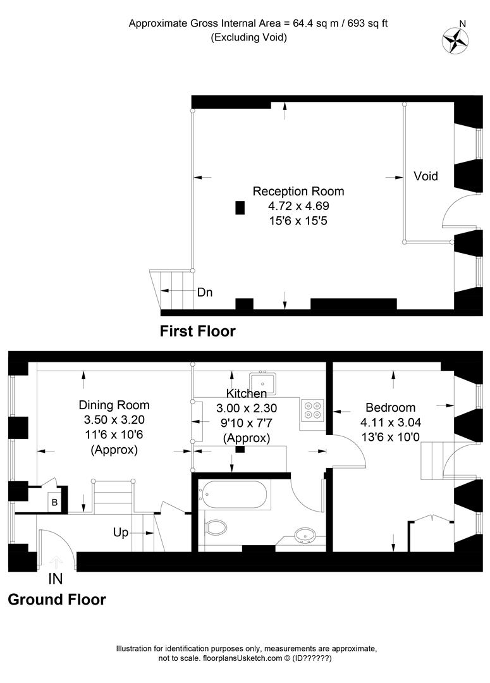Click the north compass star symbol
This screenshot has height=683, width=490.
point(455,41)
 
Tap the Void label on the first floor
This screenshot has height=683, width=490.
point(426,176)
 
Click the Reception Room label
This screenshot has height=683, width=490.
point(298,191)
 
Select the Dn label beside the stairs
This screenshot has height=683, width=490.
point(205,292)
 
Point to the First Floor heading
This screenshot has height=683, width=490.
point(197,331)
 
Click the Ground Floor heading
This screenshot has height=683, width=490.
point(57,600)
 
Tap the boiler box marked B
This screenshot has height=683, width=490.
point(55,502)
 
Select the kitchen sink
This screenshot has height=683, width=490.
point(262,383)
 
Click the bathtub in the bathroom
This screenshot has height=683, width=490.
point(235,494)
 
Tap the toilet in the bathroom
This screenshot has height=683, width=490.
point(216,527)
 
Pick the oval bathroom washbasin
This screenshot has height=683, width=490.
point(305,535)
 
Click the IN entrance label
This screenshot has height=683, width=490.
point(55,579)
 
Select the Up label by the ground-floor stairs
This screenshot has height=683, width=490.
point(121,532)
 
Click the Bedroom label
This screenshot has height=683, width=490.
point(390,407)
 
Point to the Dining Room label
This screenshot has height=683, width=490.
point(114,405)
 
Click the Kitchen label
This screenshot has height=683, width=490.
point(247,393)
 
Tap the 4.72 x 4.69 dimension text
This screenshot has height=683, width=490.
point(298,206)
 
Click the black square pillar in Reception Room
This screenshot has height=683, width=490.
point(240,208)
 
